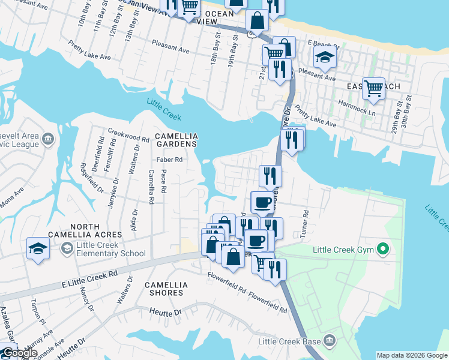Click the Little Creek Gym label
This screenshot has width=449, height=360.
[x=342, y=250]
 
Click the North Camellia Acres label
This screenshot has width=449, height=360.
[x=92, y=230]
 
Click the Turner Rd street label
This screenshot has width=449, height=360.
[x=306, y=221]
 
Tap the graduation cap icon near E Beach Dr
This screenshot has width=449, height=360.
[x=325, y=58]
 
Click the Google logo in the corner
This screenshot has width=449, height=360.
[x=20, y=353]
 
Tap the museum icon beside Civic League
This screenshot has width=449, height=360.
[x=49, y=140]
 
